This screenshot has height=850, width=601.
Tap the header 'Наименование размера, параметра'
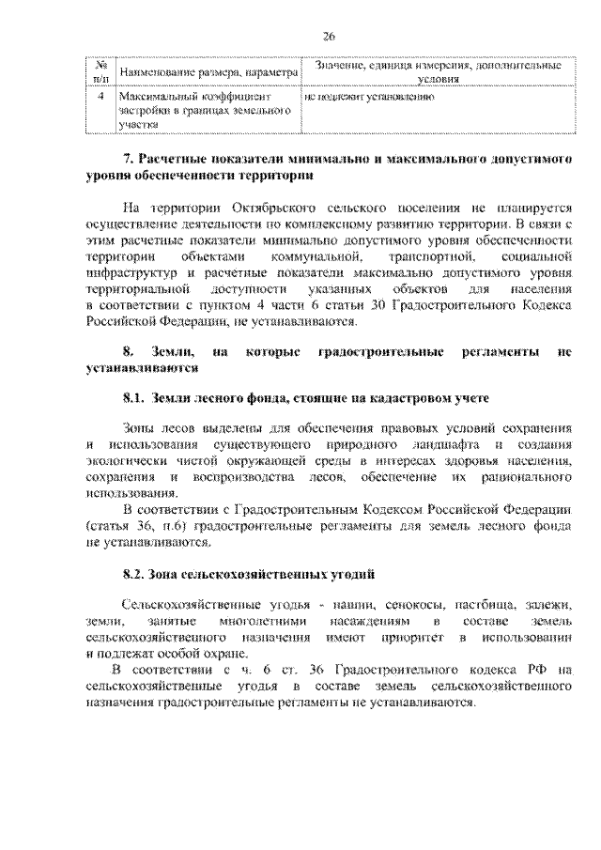(x=207, y=72)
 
